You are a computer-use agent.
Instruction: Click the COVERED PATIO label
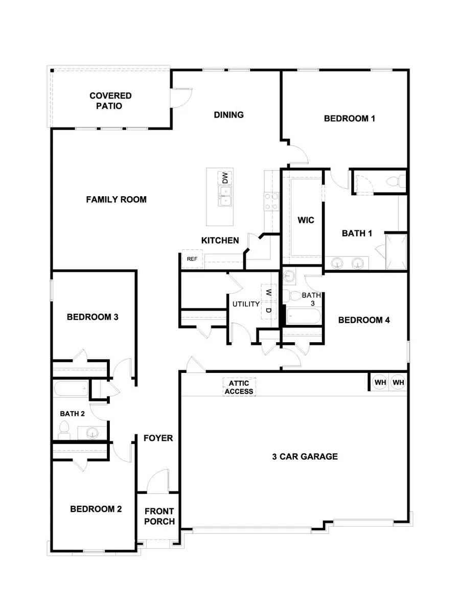pos(110,101)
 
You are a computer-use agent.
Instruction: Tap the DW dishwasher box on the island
pos(224,178)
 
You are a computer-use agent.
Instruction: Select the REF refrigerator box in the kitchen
pos(192,259)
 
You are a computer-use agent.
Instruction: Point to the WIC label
pos(306,221)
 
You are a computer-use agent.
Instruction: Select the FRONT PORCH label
pos(159,516)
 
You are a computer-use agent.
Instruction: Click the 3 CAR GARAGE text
pos(305,456)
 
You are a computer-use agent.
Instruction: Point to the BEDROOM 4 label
pos(364,320)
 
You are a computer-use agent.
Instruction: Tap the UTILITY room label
pos(246,304)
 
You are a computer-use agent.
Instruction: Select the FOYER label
pos(158,438)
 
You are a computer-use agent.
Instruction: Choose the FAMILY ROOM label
pos(116,199)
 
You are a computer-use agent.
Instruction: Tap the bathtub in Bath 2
pos(70,389)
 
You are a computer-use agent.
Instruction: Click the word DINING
pos(228,114)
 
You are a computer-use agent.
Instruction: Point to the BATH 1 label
pos(357,233)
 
